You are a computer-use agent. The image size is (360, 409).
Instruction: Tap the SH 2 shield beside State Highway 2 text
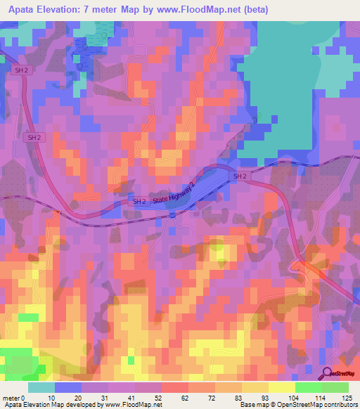[x=139, y=202]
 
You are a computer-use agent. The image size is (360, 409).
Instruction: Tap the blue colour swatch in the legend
[x=68, y=387]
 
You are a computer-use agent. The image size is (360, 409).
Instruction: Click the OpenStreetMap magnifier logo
[x=327, y=373]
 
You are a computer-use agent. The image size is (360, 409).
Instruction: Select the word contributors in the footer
[x=342, y=405]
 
